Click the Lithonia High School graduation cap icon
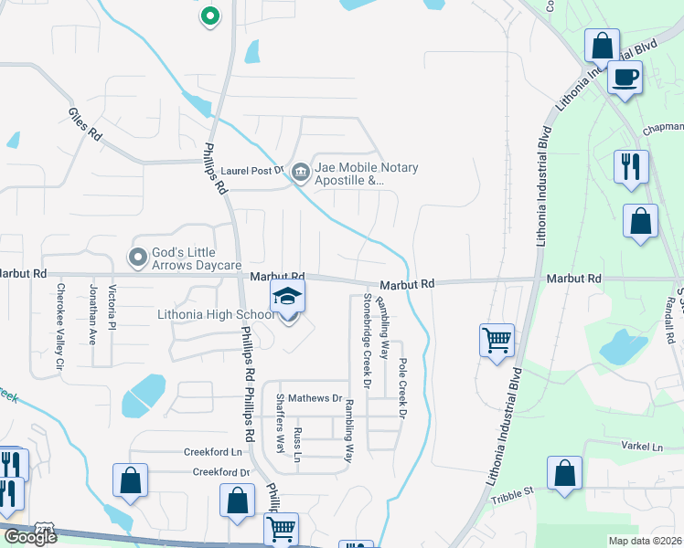tap(288, 298)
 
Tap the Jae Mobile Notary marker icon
tap(300, 171)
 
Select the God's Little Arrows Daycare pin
tap(138, 257)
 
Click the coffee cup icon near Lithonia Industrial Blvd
tap(625, 78)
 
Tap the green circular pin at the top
tap(210, 16)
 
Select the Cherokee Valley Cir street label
tap(60, 326)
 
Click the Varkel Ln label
tap(643, 447)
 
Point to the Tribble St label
tap(512, 493)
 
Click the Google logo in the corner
tap(29, 537)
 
